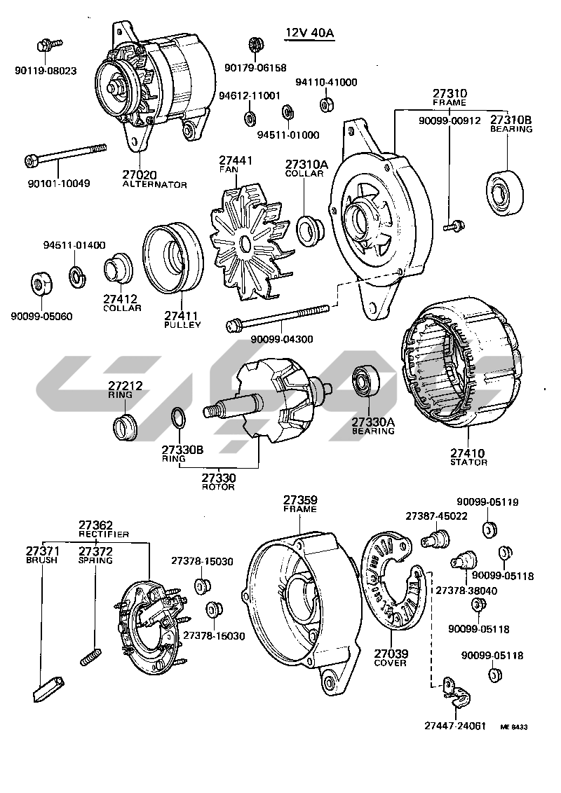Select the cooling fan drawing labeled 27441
point(245,242)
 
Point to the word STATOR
point(468,462)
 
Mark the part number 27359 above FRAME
point(300,500)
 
